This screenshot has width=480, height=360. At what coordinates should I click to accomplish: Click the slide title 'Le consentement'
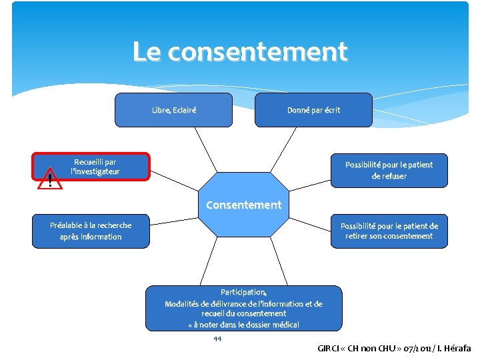[x=240, y=52]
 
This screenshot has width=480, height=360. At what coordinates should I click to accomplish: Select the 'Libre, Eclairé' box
[x=173, y=110]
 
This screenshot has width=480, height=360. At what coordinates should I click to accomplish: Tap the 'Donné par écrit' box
[x=313, y=110]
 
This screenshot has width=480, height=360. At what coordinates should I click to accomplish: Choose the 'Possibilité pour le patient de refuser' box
[x=389, y=171]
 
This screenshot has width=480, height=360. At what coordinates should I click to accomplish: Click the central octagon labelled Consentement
[x=243, y=205]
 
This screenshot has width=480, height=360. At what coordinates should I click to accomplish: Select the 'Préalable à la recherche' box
[x=91, y=231]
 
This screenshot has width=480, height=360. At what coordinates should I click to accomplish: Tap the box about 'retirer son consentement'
[x=389, y=231]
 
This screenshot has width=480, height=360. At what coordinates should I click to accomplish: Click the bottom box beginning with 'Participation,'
[x=243, y=308]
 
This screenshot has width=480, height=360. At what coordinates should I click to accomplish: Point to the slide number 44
[x=217, y=339]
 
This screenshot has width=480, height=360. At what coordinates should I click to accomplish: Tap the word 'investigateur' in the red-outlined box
[x=97, y=172]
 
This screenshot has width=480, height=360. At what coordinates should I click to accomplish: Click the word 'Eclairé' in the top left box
[x=184, y=110]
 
